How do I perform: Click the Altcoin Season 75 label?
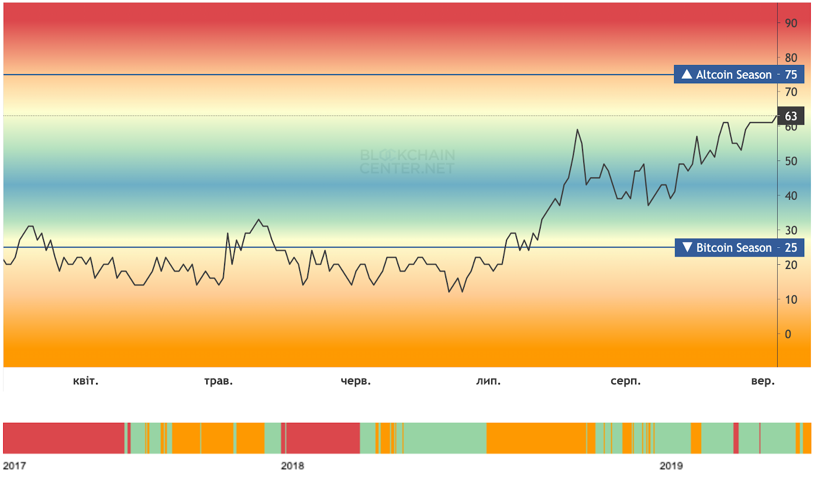pos(739,75)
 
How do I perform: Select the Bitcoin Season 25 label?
pos(739,248)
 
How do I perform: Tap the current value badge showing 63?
pos(790,116)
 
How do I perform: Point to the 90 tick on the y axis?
pos(791,23)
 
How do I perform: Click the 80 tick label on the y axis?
pos(791,58)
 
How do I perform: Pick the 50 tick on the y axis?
pos(791,161)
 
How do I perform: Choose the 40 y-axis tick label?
pos(791,196)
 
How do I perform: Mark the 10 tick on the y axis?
pos(791,300)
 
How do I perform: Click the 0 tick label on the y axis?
pos(788,334)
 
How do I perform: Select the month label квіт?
pos(86,381)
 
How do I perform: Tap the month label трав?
pos(219,381)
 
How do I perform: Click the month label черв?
pos(356,381)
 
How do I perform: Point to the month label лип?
pos(489,381)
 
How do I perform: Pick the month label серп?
pos(626,381)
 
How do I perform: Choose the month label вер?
pos(763,381)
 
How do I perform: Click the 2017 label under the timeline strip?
pos(14,466)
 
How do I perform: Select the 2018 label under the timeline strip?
pos(293,466)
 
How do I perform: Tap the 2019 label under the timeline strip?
pos(671,466)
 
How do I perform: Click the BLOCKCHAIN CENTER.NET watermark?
pos(407,162)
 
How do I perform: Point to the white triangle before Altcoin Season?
pos(687,74)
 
